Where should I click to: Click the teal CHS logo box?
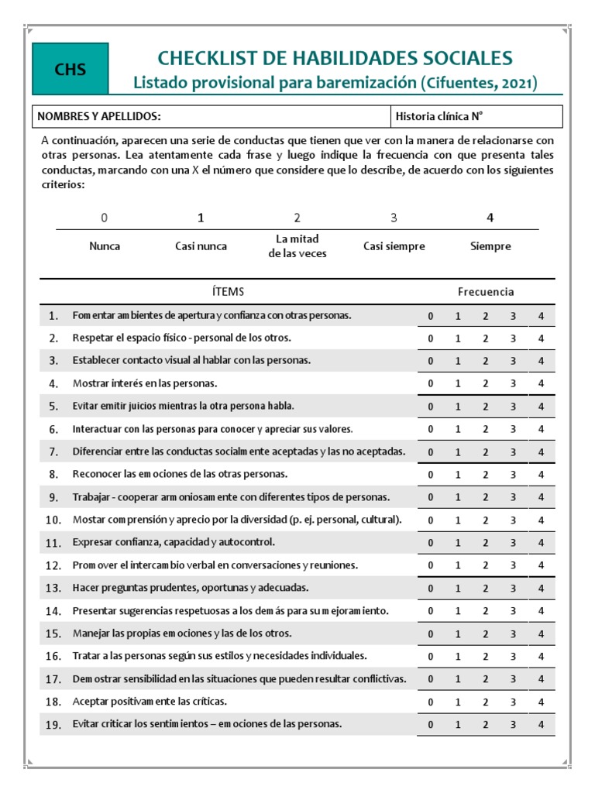pos(70,70)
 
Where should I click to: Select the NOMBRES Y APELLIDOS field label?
pos(99,116)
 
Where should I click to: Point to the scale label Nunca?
pos(105,246)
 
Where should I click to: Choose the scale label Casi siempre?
pos(394,246)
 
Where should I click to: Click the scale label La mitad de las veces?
pos(297,246)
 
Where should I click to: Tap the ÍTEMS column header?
pos(228,291)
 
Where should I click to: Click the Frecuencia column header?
pos(486,291)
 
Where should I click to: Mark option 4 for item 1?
pos(541,315)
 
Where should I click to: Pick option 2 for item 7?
pos(485,451)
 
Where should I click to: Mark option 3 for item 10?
pos(513,520)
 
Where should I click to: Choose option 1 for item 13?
pos(458,588)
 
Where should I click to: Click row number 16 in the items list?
pos(53,656)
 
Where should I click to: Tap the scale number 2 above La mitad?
pos(297,218)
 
